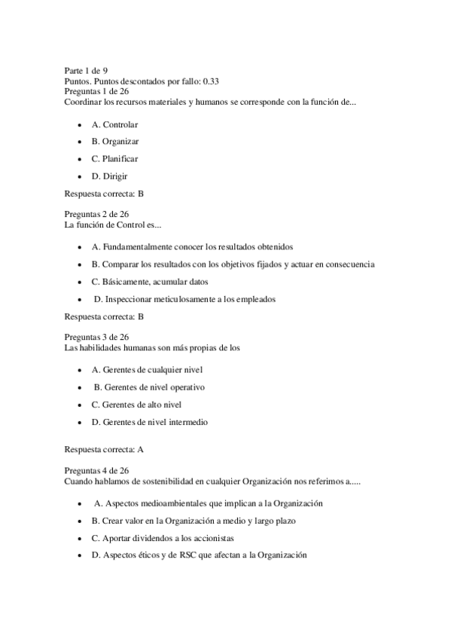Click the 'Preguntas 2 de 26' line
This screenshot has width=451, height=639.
(x=96, y=214)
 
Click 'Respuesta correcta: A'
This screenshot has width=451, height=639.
(x=104, y=450)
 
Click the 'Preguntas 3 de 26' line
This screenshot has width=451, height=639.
(x=96, y=337)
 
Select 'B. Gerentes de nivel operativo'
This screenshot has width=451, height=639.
(x=149, y=387)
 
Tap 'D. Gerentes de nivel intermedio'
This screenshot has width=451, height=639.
(x=149, y=422)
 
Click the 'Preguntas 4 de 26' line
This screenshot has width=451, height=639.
(x=96, y=470)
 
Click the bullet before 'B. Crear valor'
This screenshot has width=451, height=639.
(x=80, y=521)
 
